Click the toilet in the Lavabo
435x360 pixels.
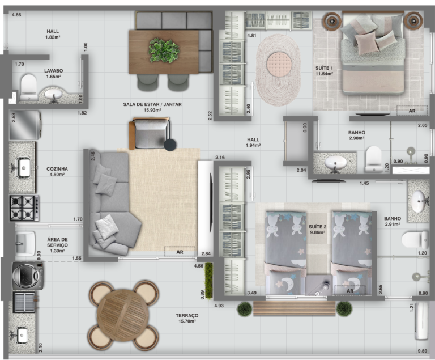click(x=29, y=87)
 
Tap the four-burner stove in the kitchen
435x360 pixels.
click(x=24, y=208)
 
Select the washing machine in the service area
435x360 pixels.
click(x=28, y=276)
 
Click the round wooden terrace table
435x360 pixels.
click(x=123, y=315)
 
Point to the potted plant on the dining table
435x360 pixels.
click(x=164, y=50)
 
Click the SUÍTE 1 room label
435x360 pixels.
click(x=324, y=71)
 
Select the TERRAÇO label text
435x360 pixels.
click(x=187, y=319)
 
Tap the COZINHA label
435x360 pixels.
click(x=57, y=172)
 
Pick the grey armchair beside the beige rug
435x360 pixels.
click(x=150, y=133)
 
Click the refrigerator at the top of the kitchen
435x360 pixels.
click(x=25, y=125)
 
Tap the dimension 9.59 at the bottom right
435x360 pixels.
click(x=422, y=351)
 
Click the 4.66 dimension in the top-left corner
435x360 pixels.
click(x=16, y=15)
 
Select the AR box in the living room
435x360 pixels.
click(x=180, y=252)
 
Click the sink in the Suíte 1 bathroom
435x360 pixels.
click(x=335, y=163)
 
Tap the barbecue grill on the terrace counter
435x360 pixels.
click(x=24, y=302)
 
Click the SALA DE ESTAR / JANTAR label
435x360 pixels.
click(x=152, y=107)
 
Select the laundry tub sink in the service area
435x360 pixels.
click(x=25, y=243)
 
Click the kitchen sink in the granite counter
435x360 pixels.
click(x=23, y=167)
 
